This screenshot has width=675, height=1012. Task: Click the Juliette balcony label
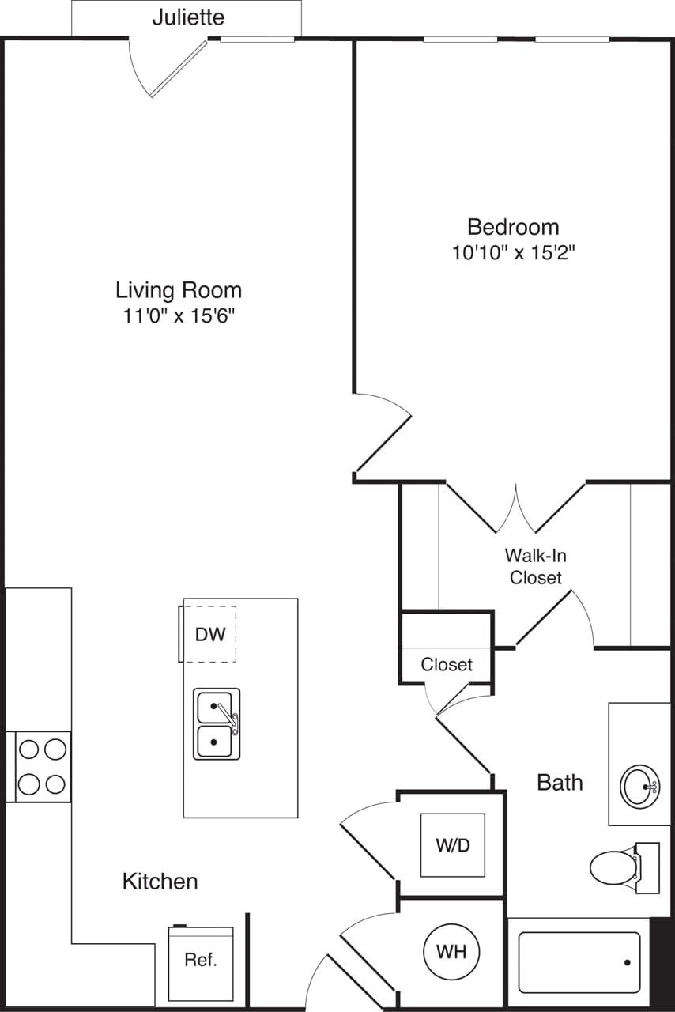pos(188,17)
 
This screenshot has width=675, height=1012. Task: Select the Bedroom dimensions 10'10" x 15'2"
pos(512,254)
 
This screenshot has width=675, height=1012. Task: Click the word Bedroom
pos(513,228)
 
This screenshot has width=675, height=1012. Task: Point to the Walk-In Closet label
pos(535,566)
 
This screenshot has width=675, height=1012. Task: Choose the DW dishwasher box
pos(210,634)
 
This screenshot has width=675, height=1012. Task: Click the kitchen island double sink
pos(217,723)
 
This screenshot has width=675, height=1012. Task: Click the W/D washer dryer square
pos(452,845)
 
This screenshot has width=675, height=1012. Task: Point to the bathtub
pos(579,963)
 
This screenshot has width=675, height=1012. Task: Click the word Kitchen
pos(160,881)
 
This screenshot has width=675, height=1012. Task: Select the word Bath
pos(560,783)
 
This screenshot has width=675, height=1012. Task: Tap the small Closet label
pos(447,665)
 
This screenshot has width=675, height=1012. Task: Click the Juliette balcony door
pos(179,70)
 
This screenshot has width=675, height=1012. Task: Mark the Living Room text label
pos(179,290)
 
